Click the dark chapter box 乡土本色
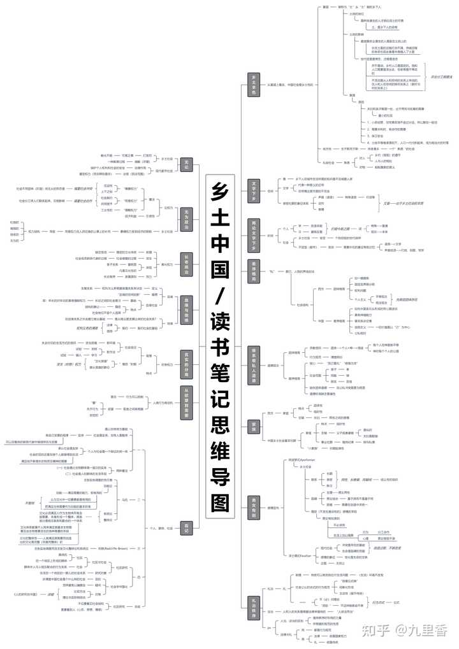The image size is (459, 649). (253, 85)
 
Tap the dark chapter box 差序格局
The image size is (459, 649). (253, 271)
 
